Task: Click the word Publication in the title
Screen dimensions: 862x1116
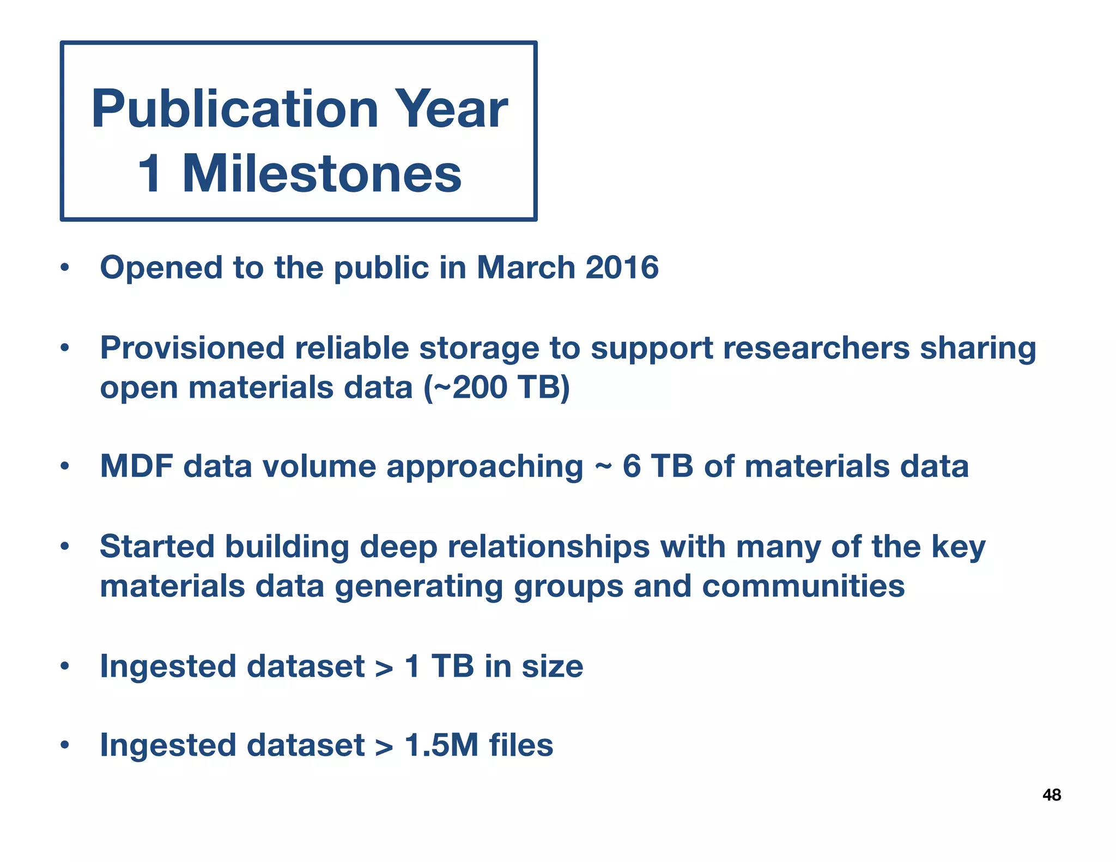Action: tap(235, 110)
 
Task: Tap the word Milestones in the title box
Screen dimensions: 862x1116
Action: tap(322, 174)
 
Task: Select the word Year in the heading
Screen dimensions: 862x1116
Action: tap(451, 110)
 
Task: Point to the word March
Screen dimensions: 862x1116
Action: tap(526, 268)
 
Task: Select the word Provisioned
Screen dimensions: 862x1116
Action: tap(192, 348)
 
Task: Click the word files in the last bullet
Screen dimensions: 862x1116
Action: tap(521, 745)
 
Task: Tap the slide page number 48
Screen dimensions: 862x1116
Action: tap(1051, 796)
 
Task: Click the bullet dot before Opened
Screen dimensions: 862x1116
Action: tap(65, 268)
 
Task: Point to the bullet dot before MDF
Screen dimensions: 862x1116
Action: tap(65, 467)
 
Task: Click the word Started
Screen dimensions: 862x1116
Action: tap(157, 547)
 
